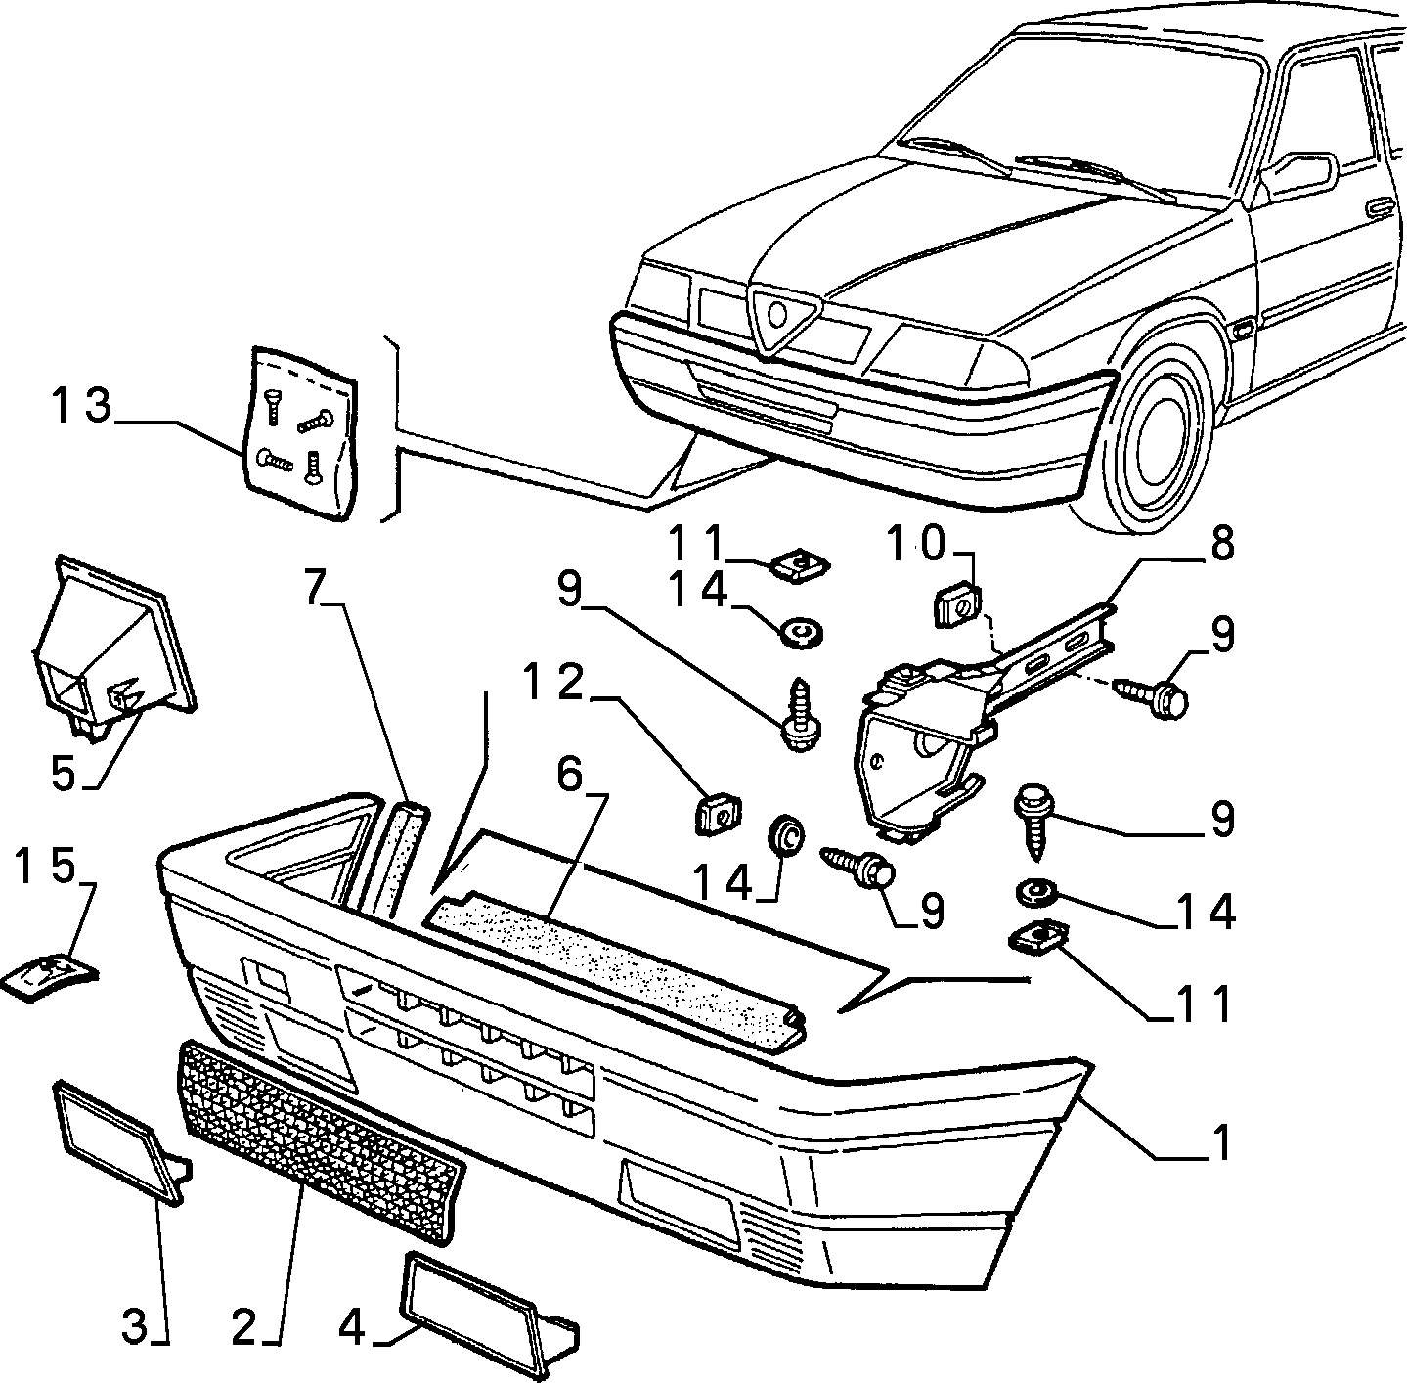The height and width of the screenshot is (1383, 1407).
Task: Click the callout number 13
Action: click(x=81, y=406)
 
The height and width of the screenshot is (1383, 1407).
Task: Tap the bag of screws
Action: click(x=301, y=432)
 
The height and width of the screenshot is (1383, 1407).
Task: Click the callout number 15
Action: click(x=45, y=868)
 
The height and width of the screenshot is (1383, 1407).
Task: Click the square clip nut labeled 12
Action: click(x=715, y=815)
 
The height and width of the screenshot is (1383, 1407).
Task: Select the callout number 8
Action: click(x=1218, y=544)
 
